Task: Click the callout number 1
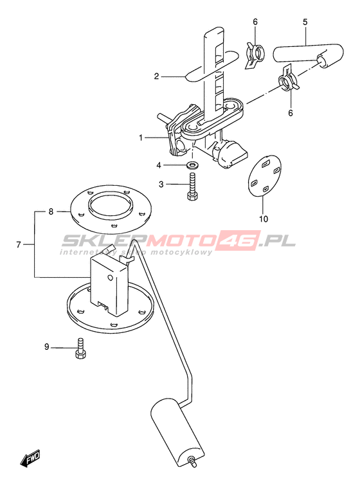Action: pos(141,138)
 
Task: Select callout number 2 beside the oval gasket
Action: pos(157,76)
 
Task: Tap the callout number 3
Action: pos(161,184)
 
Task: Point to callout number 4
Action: pos(159,165)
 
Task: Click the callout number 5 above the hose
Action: pos(305,22)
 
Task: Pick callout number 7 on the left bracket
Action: pos(19,245)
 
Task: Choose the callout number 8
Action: pos(51,212)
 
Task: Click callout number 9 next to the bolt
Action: pos(47,346)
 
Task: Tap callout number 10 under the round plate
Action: pos(264,219)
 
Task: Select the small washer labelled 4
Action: pos(193,165)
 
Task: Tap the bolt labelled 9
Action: pos(80,348)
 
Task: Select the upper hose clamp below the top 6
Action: pos(255,54)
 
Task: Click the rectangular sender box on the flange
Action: pos(109,283)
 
